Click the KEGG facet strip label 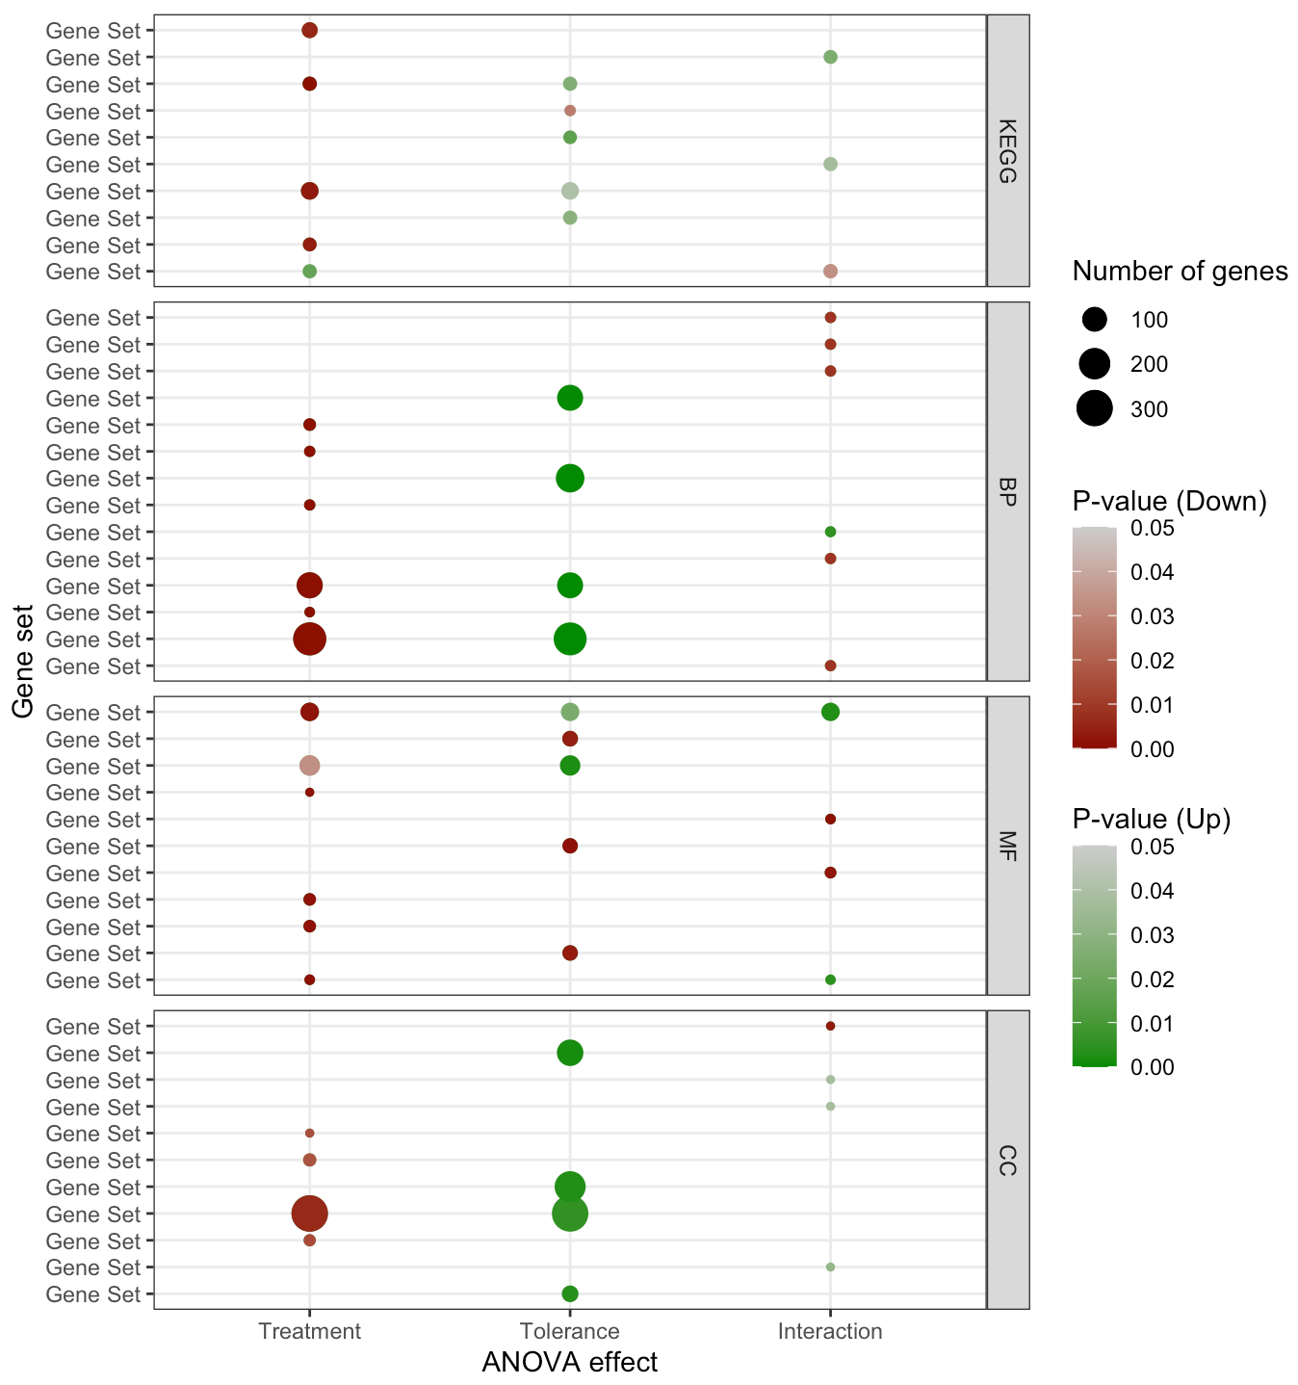click(1007, 150)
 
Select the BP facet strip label click(1007, 491)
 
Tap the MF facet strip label click(1007, 845)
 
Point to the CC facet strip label click(1007, 1160)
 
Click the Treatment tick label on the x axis click(309, 1331)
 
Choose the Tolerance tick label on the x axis click(569, 1331)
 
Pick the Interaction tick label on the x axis click(830, 1331)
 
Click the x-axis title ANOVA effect click(569, 1362)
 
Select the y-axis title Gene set click(24, 661)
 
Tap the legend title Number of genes click(1180, 272)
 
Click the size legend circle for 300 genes click(1095, 408)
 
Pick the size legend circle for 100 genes click(1095, 319)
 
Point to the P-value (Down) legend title click(1169, 501)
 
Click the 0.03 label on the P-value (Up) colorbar click(1152, 935)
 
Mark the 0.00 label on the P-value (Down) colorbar click(1152, 749)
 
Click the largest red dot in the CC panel click(309, 1214)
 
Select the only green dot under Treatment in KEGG click(309, 272)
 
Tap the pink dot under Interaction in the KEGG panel click(830, 272)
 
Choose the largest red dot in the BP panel click(309, 639)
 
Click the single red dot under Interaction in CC click(830, 1026)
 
